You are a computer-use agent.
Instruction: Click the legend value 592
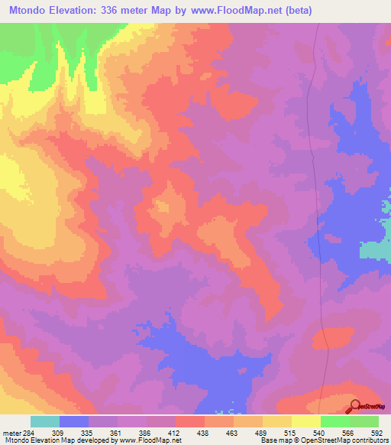click(377, 432)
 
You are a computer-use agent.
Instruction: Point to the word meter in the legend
click(11, 432)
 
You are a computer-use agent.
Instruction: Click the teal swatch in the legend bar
click(45, 421)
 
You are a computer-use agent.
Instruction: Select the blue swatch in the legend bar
click(74, 421)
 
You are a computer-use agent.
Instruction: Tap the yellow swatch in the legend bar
click(305, 421)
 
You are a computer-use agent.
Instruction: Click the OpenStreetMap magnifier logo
click(356, 407)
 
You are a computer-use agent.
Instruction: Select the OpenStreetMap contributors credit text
click(344, 440)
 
